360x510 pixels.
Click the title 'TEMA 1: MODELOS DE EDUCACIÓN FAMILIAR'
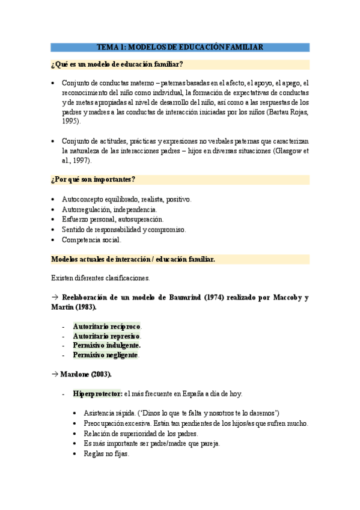180,47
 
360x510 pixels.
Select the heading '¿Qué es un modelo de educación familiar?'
117,64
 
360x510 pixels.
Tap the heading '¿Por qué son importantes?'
93,179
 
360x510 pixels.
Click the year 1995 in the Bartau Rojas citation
70,121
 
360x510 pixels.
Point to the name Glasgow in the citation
286,151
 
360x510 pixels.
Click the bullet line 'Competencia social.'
91,239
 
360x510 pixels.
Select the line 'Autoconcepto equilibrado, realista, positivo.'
126,198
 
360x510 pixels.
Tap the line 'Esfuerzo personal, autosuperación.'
112,219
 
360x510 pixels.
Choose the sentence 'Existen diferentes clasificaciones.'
100,278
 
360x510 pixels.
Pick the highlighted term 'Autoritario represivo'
106,336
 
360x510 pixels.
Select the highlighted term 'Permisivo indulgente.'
107,345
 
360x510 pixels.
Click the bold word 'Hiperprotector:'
97,393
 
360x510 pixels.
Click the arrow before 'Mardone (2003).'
54,374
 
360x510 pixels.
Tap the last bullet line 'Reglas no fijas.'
107,453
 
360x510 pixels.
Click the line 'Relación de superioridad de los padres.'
141,433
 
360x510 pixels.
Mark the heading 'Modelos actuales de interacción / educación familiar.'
133,259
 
